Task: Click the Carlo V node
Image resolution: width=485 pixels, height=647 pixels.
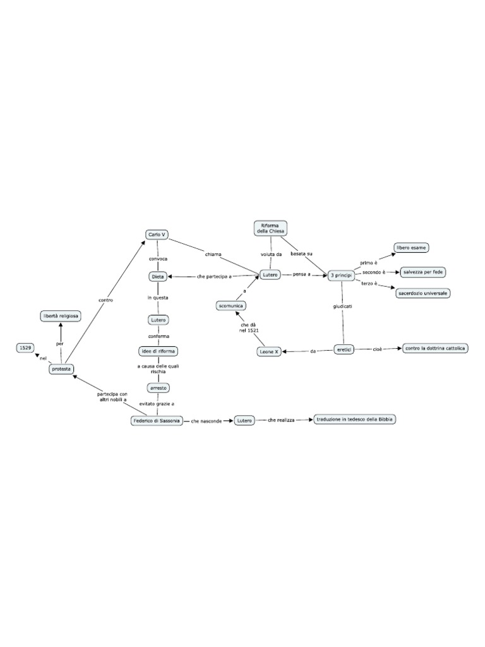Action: tap(157, 234)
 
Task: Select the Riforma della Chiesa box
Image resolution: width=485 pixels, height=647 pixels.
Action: tap(270, 228)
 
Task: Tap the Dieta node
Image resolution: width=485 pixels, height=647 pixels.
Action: tap(158, 276)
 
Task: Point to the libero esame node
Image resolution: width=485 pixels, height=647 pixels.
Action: tap(411, 248)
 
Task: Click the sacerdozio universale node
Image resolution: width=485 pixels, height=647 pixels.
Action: tap(423, 293)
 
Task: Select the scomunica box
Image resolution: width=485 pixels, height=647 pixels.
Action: tap(231, 305)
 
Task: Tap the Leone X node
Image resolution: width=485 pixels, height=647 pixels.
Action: tap(269, 351)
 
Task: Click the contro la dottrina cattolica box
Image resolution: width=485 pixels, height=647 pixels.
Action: tap(436, 348)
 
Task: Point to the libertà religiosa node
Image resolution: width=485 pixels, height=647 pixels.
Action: tap(61, 315)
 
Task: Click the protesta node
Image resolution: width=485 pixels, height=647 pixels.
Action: tap(62, 369)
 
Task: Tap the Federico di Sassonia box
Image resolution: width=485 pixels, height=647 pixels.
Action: tap(156, 420)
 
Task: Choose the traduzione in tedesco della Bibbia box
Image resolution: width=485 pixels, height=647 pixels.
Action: tap(355, 419)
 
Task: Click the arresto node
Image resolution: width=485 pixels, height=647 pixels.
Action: tap(158, 387)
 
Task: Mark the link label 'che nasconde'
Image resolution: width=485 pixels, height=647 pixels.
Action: tap(207, 420)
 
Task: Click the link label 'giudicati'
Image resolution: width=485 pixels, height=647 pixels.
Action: tap(343, 306)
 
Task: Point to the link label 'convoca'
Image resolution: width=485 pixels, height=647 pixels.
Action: tap(158, 259)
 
